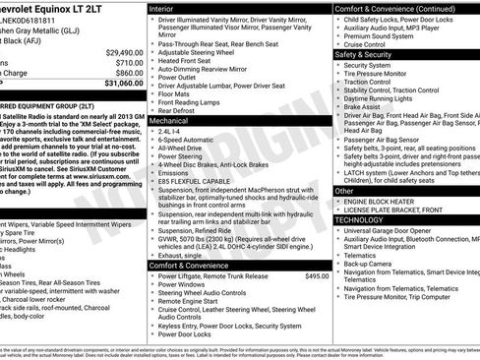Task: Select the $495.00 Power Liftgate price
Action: (x=315, y=276)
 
